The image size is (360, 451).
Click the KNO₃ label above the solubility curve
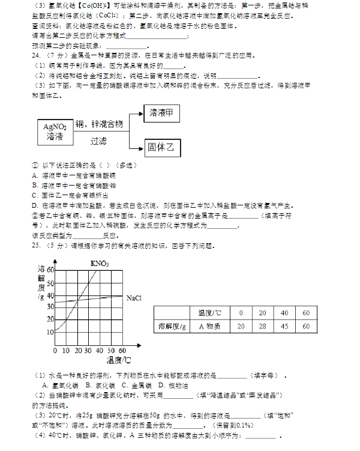point(100,263)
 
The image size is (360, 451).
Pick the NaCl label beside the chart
point(134,297)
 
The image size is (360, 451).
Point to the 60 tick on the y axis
point(50,270)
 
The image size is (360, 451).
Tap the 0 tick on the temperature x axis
point(55,350)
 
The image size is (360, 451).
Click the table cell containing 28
point(262,326)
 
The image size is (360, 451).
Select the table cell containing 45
point(284,326)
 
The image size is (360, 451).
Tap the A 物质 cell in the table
point(209,326)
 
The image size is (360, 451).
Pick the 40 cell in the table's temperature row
point(284,313)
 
